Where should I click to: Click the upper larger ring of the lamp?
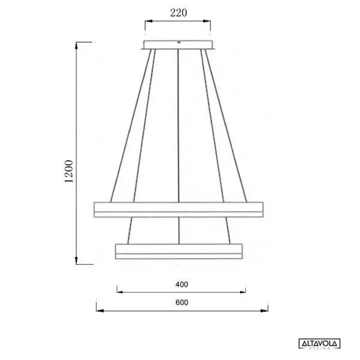(179, 209)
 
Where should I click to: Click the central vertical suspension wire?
(179, 132)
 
